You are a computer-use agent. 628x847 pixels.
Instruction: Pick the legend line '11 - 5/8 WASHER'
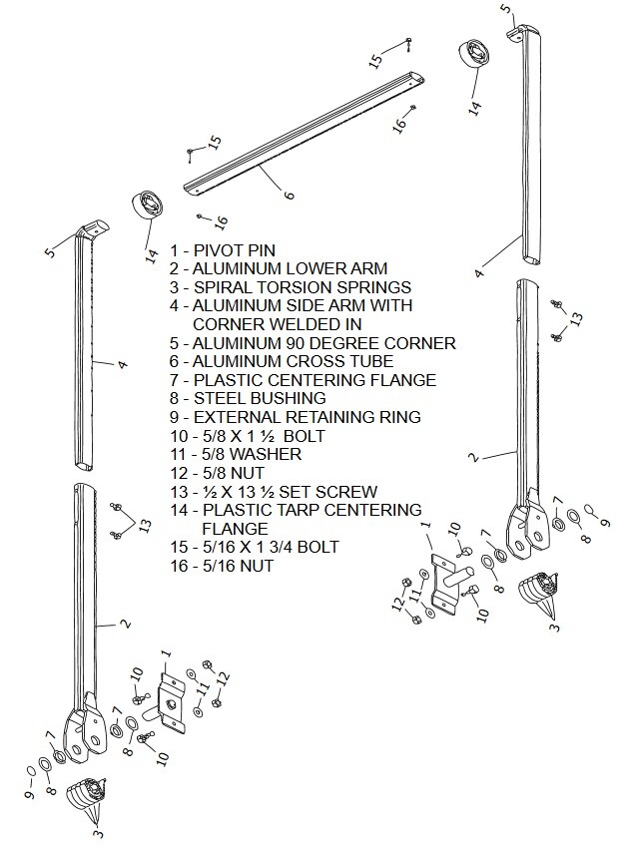(236, 454)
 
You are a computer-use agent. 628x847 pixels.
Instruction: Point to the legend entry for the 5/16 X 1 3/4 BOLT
(254, 547)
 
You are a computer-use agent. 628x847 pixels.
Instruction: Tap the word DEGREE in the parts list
(342, 342)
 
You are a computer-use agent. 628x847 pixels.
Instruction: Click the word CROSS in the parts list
(313, 361)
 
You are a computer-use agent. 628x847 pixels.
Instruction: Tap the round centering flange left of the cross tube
(151, 207)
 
